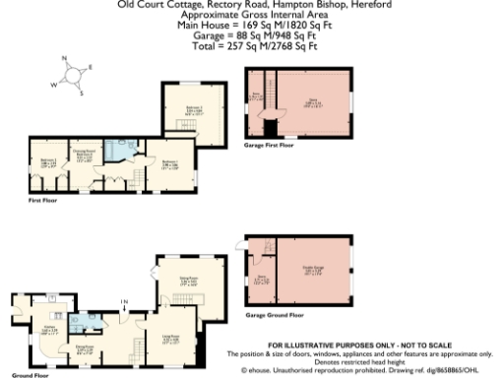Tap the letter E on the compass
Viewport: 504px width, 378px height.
tap(90, 67)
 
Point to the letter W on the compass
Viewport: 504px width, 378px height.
tap(54, 84)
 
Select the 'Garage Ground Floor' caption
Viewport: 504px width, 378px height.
tap(275, 315)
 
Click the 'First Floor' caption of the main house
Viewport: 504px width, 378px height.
tap(43, 201)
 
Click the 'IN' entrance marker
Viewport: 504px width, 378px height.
tap(124, 300)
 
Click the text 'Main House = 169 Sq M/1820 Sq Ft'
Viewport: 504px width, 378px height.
tap(252, 27)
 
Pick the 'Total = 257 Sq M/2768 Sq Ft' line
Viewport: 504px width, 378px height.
tap(252, 46)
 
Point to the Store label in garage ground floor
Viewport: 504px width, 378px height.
tap(261, 279)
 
